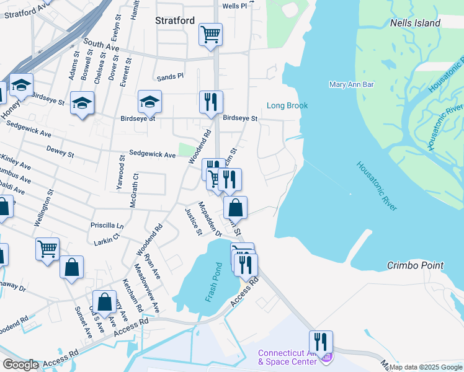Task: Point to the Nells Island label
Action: (415, 23)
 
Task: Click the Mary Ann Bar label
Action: (346, 84)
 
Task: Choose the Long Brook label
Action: (287, 105)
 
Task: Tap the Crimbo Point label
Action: (415, 265)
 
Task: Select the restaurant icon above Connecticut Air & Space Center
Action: (321, 342)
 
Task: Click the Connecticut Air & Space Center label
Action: (290, 358)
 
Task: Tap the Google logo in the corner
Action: (20, 365)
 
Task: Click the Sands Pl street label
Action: (171, 77)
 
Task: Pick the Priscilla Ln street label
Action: (107, 226)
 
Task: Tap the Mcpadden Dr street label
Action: (210, 219)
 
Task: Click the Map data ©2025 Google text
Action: (426, 367)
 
